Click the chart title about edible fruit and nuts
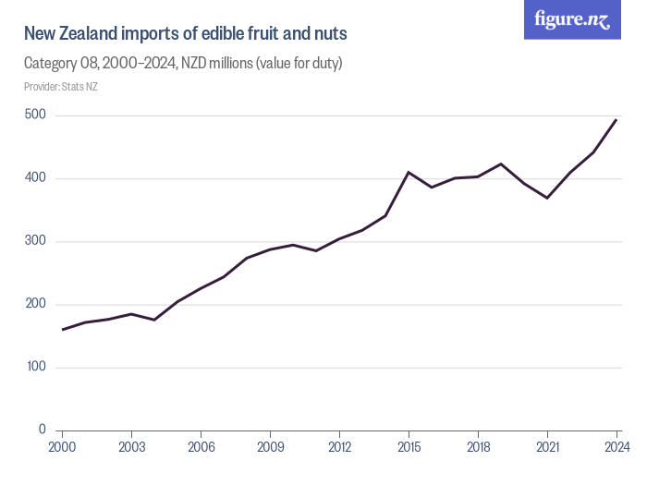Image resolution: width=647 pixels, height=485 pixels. [186, 35]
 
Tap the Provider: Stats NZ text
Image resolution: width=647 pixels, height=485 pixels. [61, 87]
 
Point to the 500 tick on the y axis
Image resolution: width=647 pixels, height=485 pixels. [35, 115]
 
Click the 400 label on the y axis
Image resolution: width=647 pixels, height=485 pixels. [35, 178]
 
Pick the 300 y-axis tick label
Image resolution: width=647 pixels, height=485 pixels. [35, 241]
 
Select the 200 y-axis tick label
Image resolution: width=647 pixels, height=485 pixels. [35, 304]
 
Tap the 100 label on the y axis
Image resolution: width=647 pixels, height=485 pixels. [35, 367]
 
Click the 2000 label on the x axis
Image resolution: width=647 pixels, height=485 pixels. [63, 448]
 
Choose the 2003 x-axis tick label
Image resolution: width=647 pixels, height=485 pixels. [132, 448]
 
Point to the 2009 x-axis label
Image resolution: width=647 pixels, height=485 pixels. [270, 448]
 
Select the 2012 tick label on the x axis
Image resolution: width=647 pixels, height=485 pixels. [339, 448]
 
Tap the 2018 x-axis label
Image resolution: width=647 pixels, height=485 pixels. [478, 448]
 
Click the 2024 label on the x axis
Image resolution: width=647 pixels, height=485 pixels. [616, 448]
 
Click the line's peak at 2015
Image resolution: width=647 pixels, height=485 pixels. [409, 173]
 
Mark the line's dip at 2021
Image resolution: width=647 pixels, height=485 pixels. [547, 198]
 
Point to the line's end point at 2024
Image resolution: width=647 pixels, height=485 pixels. [616, 119]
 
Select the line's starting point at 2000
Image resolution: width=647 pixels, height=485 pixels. [63, 329]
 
